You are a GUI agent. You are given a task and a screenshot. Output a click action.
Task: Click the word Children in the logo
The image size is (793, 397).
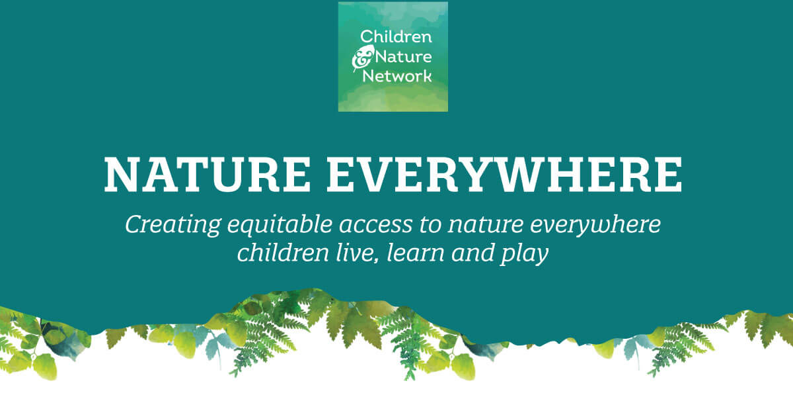coord(396,36)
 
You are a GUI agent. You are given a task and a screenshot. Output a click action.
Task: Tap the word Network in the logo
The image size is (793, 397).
coord(397,76)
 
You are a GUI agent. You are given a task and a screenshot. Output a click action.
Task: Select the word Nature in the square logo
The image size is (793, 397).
coord(403,57)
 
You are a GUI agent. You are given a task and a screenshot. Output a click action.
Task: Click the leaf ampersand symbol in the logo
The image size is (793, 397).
coord(362,58)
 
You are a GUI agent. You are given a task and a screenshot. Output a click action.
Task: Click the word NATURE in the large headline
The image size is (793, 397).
coord(207,175)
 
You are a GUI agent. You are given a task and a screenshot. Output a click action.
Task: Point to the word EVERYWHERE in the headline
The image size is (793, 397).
coord(504,175)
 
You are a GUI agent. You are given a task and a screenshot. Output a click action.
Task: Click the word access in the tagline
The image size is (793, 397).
coord(375,227)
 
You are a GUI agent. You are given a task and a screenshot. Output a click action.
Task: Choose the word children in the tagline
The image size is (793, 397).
coord(283,253)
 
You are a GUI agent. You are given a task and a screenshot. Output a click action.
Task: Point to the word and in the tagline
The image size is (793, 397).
coord(472,253)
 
